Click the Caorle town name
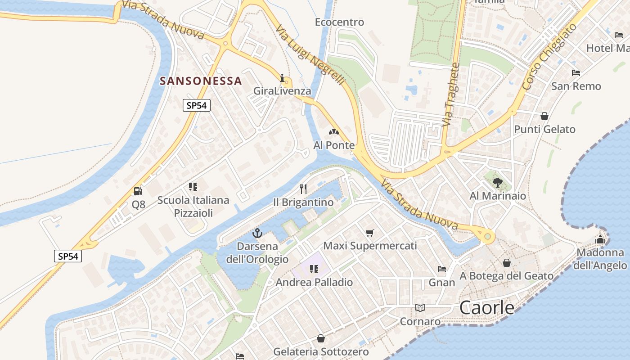(x=487, y=308)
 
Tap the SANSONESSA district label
(x=201, y=81)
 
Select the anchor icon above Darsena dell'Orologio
(x=257, y=233)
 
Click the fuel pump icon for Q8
(x=138, y=191)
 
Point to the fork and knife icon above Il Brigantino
(x=303, y=189)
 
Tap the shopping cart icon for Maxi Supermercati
(x=370, y=233)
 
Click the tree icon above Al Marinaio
(x=497, y=182)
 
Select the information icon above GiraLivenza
(x=283, y=78)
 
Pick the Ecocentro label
(x=339, y=22)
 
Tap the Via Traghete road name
(x=451, y=94)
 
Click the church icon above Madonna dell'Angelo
(x=600, y=239)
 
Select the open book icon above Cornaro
(x=420, y=308)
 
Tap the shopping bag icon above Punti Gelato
(x=544, y=116)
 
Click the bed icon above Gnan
(x=442, y=269)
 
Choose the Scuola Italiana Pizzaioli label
(x=193, y=206)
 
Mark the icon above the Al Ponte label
(x=334, y=132)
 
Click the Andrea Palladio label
(x=314, y=283)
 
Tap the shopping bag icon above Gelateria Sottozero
(x=321, y=338)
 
